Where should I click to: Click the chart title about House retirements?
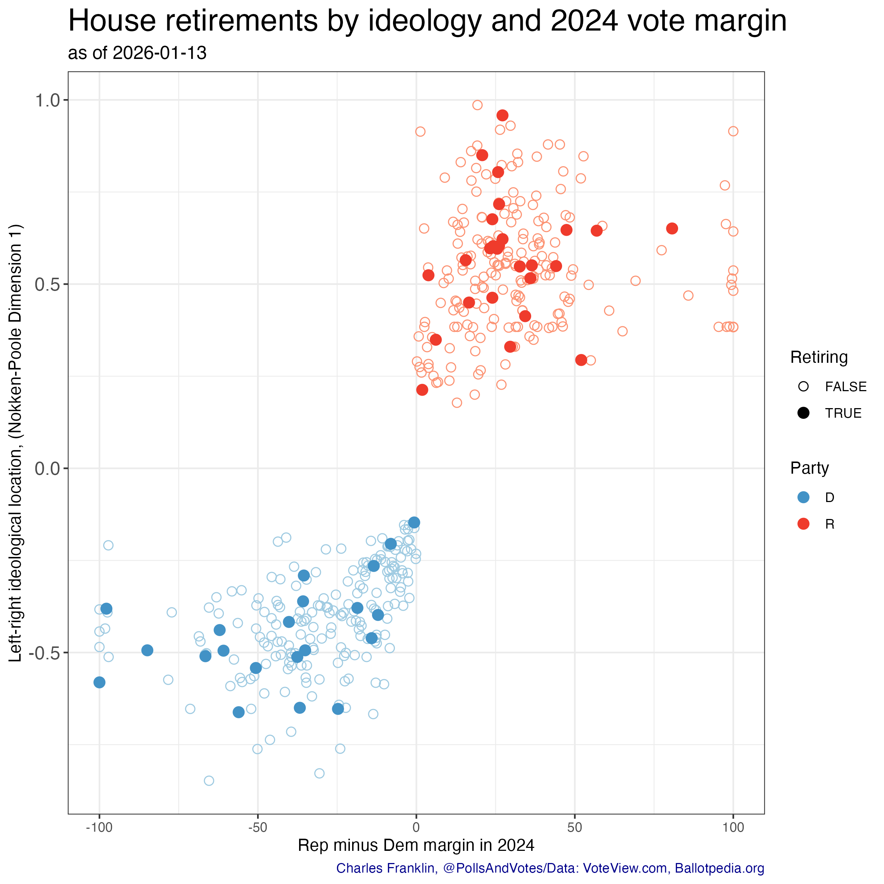[427, 21]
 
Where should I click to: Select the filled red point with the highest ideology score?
[502, 115]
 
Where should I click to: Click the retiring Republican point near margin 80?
[672, 228]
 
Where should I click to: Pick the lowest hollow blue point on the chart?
[208, 780]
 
